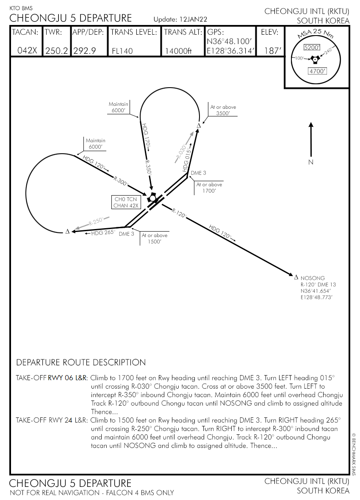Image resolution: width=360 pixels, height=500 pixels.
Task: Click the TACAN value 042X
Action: point(27,51)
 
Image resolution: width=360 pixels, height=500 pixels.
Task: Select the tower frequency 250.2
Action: point(56,51)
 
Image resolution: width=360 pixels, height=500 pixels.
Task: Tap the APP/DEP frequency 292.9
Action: point(84,51)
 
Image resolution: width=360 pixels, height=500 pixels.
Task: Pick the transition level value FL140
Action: point(122,51)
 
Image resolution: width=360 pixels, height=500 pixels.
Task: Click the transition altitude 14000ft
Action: point(178,51)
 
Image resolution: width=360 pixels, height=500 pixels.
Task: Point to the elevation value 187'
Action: point(272,51)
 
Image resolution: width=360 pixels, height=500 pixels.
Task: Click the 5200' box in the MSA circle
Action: point(313,47)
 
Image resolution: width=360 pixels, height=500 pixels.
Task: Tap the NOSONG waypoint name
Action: point(313,278)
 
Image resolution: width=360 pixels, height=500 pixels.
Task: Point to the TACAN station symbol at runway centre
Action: point(152,198)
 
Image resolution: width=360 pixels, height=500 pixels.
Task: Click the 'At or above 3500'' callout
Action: point(223,110)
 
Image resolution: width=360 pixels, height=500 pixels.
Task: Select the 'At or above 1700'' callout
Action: point(209,188)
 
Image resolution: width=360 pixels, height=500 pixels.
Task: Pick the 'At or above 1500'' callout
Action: point(154,238)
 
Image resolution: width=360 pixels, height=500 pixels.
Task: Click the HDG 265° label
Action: point(103,232)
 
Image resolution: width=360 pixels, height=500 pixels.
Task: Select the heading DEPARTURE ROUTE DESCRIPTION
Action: point(81,362)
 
